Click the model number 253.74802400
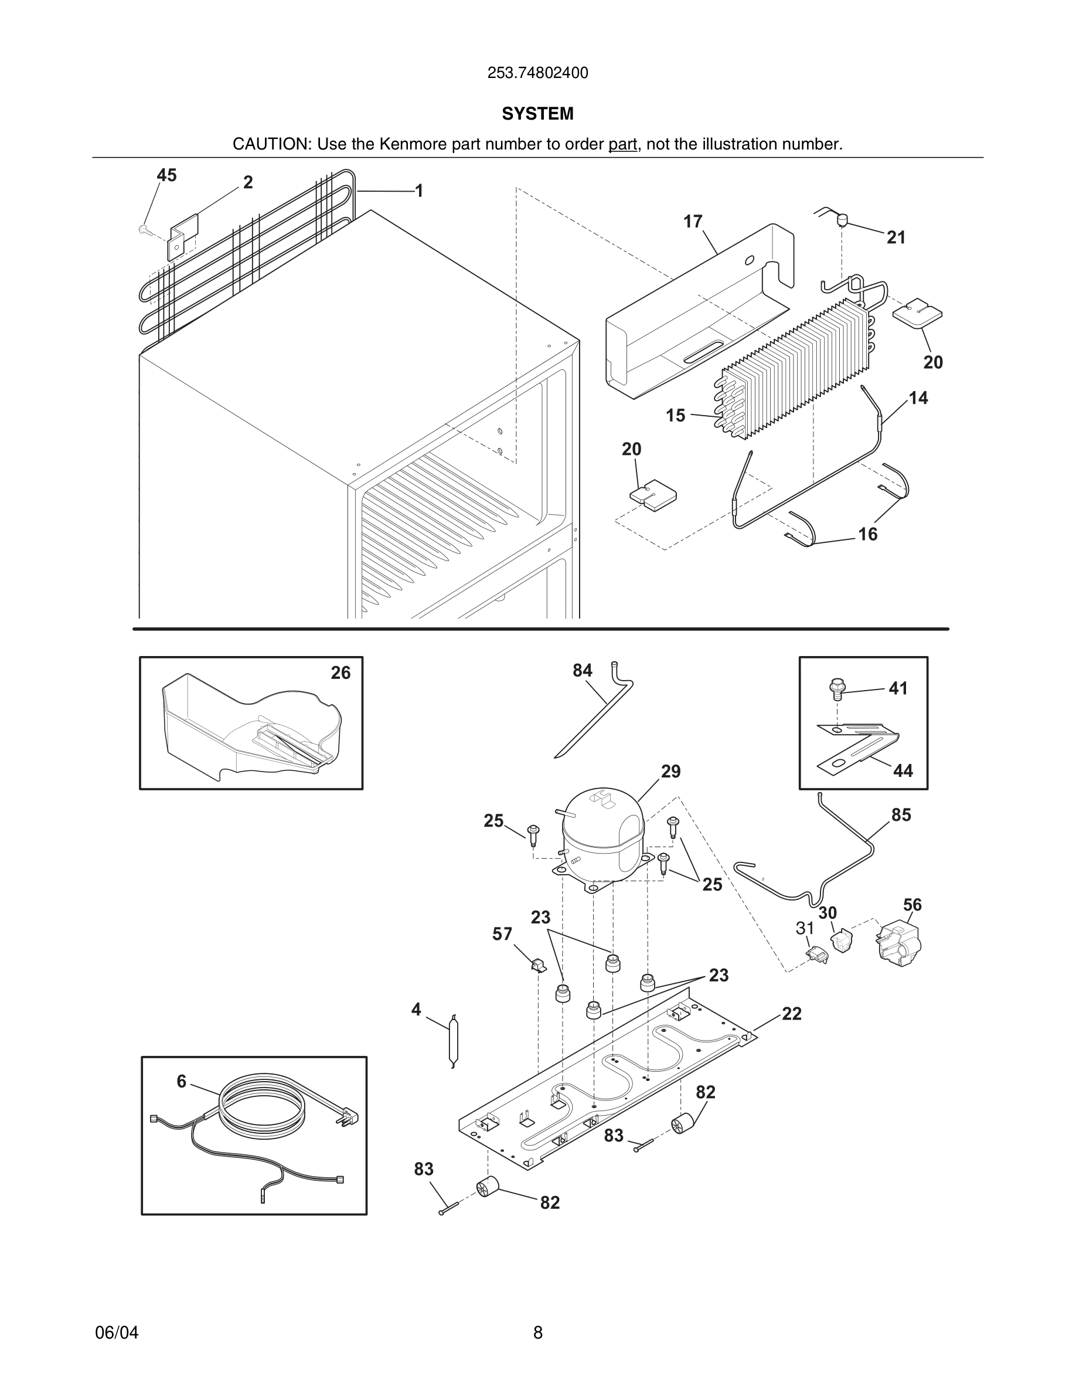pyautogui.click(x=537, y=73)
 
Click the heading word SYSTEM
pyautogui.click(x=537, y=114)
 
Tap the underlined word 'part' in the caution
pyautogui.click(x=622, y=144)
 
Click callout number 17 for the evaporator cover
pyautogui.click(x=692, y=222)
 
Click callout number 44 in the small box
pyautogui.click(x=903, y=771)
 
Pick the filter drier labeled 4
pyautogui.click(x=453, y=1040)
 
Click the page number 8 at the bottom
pyautogui.click(x=537, y=1333)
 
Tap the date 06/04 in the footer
pyautogui.click(x=117, y=1333)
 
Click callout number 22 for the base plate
pyautogui.click(x=791, y=1014)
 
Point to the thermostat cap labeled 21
pyautogui.click(x=843, y=220)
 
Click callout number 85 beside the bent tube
pyautogui.click(x=901, y=814)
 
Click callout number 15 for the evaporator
pyautogui.click(x=675, y=415)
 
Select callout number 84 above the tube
pyautogui.click(x=582, y=670)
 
